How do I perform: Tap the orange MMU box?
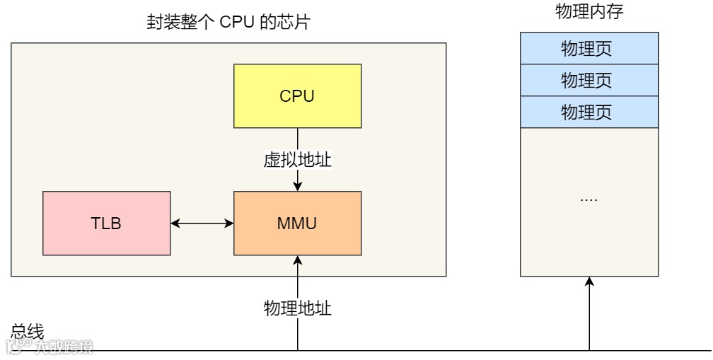tap(297, 240)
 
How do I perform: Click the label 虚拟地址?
tap(297, 160)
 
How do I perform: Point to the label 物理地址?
tap(297, 308)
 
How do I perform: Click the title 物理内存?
tap(589, 12)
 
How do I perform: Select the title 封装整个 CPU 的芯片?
tap(228, 23)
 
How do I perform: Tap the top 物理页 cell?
tap(589, 49)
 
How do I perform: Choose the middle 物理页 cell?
tap(589, 80)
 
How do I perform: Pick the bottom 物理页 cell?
tap(589, 112)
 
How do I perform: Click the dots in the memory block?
tap(589, 199)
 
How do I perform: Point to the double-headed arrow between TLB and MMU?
tap(202, 223)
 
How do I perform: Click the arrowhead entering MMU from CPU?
tap(298, 187)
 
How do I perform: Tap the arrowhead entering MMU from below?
tap(298, 261)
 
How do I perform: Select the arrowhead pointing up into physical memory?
tap(589, 282)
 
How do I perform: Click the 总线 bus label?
tap(27, 331)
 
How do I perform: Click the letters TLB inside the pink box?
tap(106, 223)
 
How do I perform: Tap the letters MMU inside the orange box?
tap(297, 223)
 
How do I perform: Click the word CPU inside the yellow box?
tap(297, 96)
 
